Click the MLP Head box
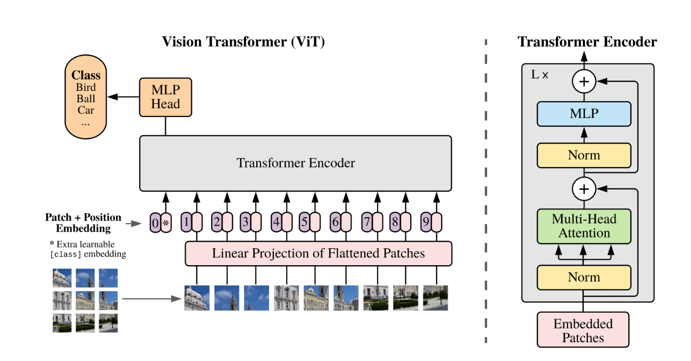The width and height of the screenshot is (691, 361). (x=165, y=97)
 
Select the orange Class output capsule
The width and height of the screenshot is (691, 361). (x=86, y=97)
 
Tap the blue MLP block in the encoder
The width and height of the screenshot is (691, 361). (x=584, y=114)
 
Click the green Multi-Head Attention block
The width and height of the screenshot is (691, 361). (x=584, y=226)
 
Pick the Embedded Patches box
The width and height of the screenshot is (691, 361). (x=583, y=330)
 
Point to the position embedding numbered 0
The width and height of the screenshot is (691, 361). (x=155, y=222)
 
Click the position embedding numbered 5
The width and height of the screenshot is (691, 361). (x=305, y=222)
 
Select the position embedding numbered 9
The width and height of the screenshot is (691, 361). (x=426, y=222)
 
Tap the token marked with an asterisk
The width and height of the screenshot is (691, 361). (x=166, y=222)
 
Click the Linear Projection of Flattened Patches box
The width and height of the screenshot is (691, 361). (x=318, y=254)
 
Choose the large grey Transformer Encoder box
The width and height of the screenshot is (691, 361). (x=296, y=163)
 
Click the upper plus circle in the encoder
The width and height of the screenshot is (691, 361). (x=584, y=81)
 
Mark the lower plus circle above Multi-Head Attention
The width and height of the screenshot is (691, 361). (x=584, y=189)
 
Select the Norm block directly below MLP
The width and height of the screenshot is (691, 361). (x=584, y=156)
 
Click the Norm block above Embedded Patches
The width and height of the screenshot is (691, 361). (x=584, y=278)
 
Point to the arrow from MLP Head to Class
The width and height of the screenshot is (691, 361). (x=123, y=97)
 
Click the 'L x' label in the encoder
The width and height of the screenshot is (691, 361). (x=539, y=75)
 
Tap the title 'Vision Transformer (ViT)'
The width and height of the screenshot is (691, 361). (x=243, y=41)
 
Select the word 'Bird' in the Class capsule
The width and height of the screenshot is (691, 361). (x=86, y=87)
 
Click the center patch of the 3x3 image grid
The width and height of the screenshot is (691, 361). (x=85, y=301)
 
